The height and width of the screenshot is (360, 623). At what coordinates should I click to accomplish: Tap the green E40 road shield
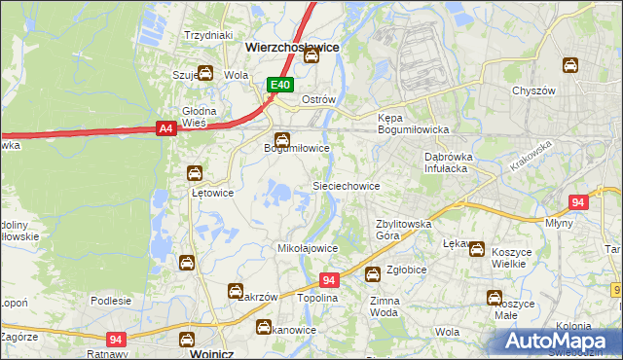point(280,86)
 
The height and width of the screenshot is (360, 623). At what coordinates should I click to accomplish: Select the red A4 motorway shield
point(165,126)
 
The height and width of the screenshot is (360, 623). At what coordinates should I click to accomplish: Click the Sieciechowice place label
point(345,185)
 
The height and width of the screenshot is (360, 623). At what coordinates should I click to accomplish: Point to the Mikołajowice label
point(308,248)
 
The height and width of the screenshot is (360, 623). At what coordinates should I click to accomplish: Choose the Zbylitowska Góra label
point(403,230)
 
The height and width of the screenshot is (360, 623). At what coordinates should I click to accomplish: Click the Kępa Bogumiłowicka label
point(412,124)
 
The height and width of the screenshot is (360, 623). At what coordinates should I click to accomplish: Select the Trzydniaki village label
point(206,35)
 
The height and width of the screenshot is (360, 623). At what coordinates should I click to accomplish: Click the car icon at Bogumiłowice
point(282,140)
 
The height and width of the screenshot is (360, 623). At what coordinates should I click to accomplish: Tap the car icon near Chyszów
point(570,66)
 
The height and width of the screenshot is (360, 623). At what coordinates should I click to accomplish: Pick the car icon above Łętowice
point(195,173)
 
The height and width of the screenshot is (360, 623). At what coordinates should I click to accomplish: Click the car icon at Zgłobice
point(372,275)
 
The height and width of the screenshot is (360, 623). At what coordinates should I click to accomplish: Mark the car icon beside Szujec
point(205,73)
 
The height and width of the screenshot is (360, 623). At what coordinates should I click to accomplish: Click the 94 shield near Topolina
point(329,279)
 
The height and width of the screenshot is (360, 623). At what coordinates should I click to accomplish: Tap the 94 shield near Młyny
point(578,202)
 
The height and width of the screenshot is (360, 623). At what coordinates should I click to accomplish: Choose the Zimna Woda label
point(385,307)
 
